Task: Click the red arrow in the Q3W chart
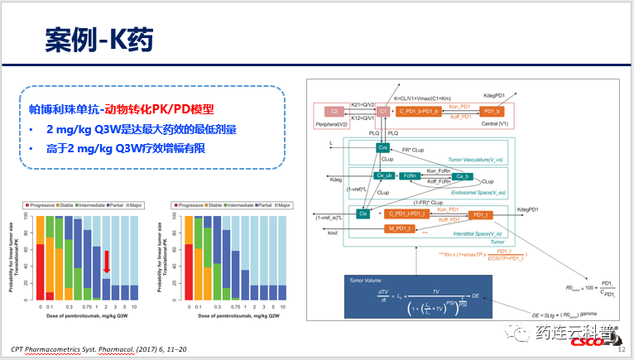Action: [x=106, y=262]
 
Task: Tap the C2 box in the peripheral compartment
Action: [x=334, y=111]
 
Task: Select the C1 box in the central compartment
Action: [x=382, y=111]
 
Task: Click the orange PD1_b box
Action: [x=492, y=111]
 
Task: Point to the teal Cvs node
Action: [x=382, y=147]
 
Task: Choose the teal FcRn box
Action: [x=410, y=176]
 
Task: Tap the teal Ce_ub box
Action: [x=384, y=176]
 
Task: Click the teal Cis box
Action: [x=363, y=214]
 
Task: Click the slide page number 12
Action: [x=622, y=350]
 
